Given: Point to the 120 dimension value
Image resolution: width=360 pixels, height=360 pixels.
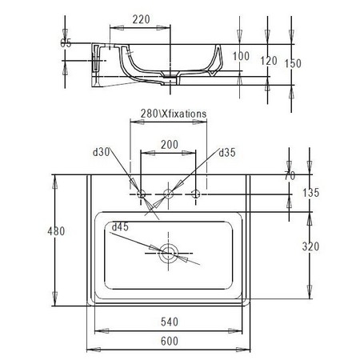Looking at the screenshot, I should (268, 61).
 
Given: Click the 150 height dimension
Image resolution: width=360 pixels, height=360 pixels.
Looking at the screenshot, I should (295, 62).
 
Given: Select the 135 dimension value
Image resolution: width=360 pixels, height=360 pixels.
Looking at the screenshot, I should (311, 193).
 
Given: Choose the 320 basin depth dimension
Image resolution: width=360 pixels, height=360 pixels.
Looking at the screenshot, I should (311, 247).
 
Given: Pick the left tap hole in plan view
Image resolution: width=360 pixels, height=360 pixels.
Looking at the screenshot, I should (142, 194).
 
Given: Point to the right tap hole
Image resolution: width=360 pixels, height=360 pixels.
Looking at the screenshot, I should (195, 194).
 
